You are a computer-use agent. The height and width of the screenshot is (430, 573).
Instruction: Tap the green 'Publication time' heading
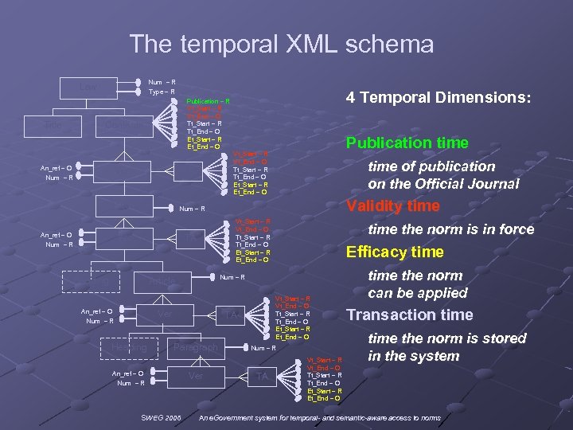406,143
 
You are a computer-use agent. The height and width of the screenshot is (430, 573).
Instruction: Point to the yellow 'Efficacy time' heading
394,252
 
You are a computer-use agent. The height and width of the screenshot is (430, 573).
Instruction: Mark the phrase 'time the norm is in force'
450,229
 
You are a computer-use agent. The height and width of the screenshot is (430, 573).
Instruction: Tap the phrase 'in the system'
414,356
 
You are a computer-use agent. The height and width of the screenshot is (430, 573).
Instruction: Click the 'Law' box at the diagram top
89,86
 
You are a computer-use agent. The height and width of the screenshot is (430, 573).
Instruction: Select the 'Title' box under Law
54,125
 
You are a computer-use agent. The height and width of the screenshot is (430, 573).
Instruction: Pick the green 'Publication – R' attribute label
208,102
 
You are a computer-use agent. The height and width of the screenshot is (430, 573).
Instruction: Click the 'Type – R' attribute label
162,92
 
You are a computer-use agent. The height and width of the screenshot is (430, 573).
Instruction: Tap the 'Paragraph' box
195,348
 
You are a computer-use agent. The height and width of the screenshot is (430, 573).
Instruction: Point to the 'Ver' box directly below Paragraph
195,375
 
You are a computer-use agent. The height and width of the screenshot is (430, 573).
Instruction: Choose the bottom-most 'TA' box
262,376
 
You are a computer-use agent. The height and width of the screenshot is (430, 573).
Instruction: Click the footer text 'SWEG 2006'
162,418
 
